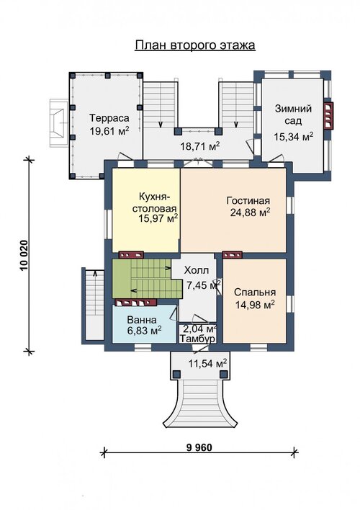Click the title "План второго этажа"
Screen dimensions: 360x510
(195, 45)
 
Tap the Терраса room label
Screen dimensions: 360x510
(109, 117)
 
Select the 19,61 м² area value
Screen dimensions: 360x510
(109, 131)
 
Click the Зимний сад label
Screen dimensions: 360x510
(293, 115)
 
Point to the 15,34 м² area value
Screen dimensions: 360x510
(294, 137)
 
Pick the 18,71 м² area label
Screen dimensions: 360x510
(200, 146)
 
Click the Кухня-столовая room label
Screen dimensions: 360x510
(154, 202)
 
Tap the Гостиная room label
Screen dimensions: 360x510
(248, 200)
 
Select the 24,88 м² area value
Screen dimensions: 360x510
(250, 212)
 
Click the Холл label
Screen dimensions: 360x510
(197, 270)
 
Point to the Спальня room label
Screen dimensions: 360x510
(255, 292)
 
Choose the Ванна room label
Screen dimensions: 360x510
(141, 319)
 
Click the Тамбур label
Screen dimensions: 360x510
(197, 339)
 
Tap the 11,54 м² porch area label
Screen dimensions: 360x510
(208, 364)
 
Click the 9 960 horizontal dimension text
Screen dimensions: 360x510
(199, 447)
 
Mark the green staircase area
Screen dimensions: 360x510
(143, 279)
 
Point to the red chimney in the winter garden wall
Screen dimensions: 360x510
(328, 116)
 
